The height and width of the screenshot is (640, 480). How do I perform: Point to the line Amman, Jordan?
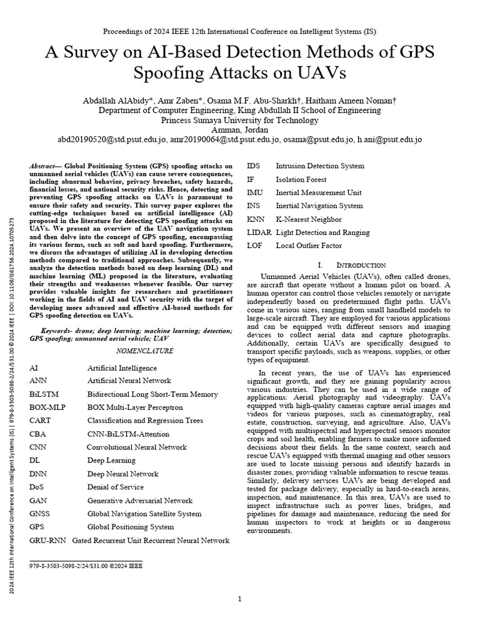[239, 129]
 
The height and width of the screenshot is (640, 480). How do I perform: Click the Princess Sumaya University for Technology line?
[239, 120]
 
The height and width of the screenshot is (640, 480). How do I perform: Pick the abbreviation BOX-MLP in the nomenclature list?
[47, 407]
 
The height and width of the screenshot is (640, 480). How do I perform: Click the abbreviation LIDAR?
[259, 232]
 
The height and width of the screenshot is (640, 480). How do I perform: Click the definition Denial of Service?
[116, 487]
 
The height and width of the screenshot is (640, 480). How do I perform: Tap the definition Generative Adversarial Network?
[139, 501]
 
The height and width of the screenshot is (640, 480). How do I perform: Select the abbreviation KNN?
[256, 219]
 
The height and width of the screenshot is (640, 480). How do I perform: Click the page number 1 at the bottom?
[239, 599]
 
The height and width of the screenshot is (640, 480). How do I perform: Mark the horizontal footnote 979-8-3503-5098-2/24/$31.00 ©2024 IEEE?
[86, 565]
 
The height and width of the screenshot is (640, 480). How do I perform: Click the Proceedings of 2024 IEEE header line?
[239, 31]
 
